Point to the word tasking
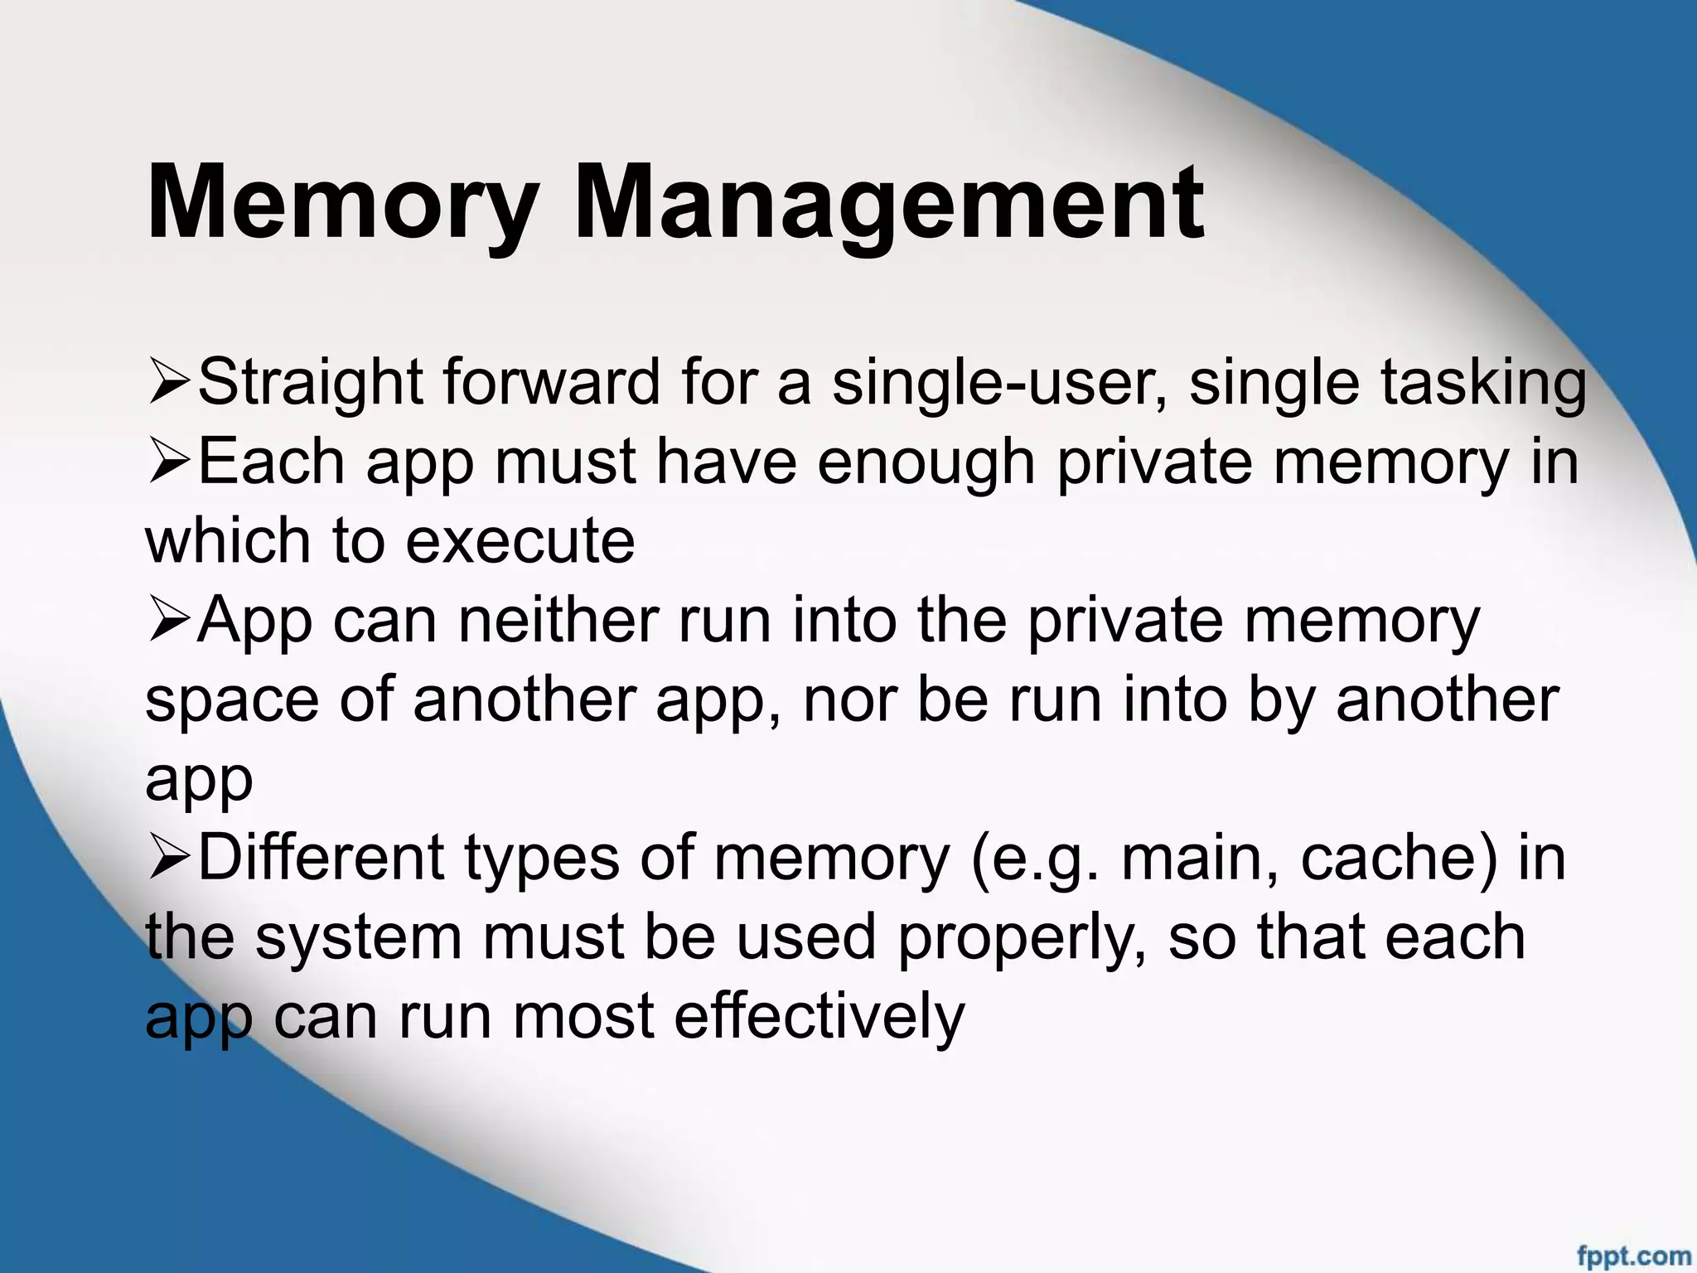point(1482,384)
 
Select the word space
point(232,700)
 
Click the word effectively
point(819,1017)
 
